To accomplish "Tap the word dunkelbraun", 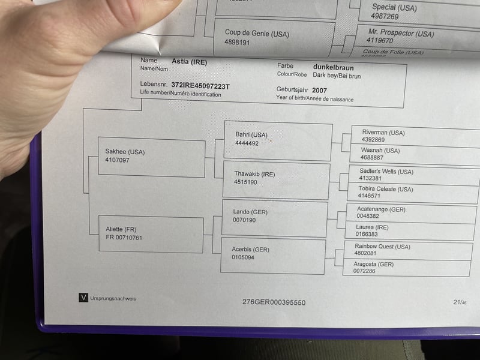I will click(x=334, y=68).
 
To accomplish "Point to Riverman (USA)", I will click(x=383, y=133).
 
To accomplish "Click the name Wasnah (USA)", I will click(x=380, y=151).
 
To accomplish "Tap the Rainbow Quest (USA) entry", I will click(x=382, y=247).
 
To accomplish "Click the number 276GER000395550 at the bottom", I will click(x=274, y=302).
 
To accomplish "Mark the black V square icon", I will click(x=83, y=298).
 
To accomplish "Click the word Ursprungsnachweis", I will click(x=113, y=298).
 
